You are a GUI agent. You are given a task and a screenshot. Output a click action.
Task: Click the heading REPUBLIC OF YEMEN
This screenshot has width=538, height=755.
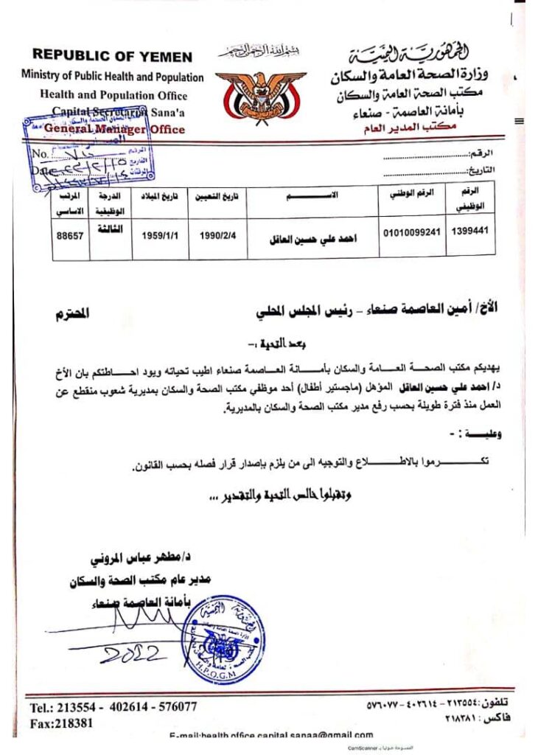pos(112,56)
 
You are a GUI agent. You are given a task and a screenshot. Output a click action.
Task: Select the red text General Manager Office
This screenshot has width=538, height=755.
pos(114,129)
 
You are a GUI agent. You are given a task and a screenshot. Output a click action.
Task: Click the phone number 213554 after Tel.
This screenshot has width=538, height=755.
pos(82,706)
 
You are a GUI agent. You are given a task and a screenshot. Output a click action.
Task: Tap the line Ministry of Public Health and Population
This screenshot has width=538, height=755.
pos(113,77)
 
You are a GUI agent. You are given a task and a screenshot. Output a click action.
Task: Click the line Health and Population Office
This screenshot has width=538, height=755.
pos(113,95)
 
